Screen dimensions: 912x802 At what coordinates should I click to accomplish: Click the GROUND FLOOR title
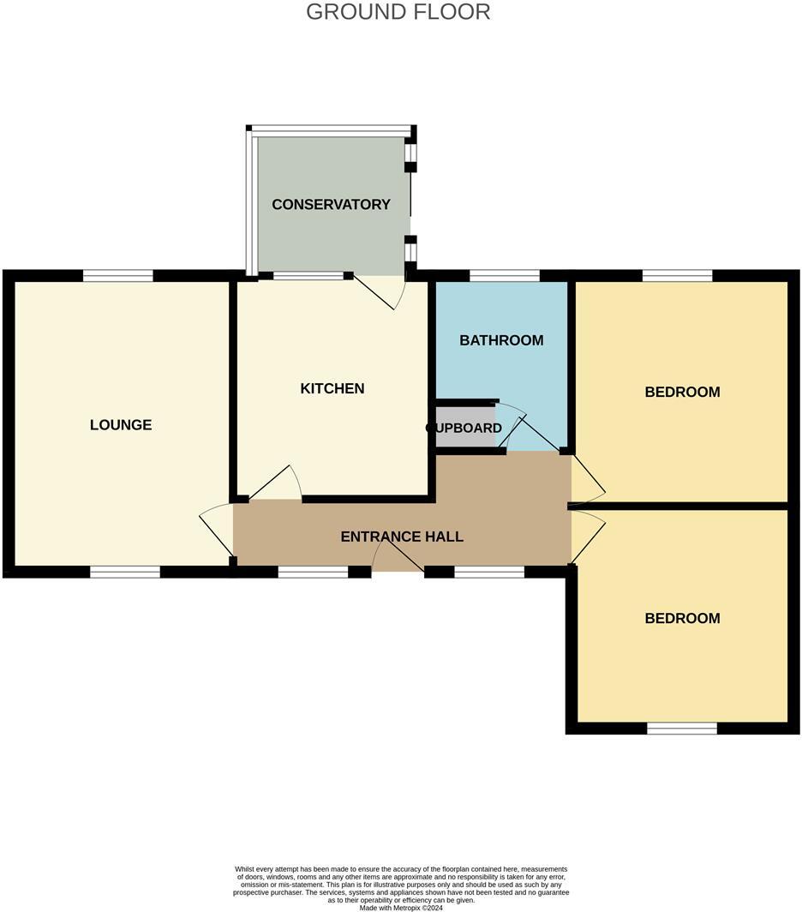tap(398, 12)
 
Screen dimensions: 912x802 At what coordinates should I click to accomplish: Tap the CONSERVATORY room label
tap(331, 204)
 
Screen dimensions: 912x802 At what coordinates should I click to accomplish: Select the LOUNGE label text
tap(121, 424)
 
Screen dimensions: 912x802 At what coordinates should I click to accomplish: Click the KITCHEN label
tap(332, 388)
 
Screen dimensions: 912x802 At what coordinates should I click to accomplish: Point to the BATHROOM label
tap(501, 340)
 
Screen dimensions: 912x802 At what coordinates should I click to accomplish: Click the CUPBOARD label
tap(464, 428)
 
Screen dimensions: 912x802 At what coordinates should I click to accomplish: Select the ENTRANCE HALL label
tap(402, 537)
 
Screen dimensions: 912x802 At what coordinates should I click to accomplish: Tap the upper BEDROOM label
tap(682, 392)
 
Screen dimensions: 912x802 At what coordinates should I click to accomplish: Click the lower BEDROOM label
tap(682, 618)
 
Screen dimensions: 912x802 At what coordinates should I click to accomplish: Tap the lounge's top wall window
tap(118, 275)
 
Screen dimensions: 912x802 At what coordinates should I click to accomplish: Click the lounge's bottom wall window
tap(125, 572)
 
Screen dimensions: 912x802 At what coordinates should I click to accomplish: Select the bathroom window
tap(505, 275)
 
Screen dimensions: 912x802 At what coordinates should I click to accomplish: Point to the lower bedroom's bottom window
tap(682, 729)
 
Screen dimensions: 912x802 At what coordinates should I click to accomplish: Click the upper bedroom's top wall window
tap(677, 275)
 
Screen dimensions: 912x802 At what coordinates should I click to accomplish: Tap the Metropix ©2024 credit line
tap(401, 908)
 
